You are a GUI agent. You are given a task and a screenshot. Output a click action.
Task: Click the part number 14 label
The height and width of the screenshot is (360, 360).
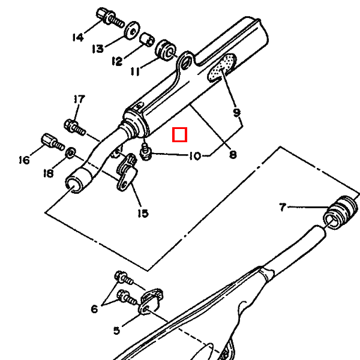coord(78,37)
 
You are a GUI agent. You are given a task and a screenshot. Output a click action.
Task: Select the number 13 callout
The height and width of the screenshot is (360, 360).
coord(98,49)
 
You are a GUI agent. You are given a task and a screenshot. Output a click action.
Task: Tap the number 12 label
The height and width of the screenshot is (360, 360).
coord(117,61)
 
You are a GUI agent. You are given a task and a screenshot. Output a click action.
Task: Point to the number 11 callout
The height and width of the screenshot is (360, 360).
coord(135,71)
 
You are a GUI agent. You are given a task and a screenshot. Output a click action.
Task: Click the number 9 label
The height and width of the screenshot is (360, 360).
coord(236,113)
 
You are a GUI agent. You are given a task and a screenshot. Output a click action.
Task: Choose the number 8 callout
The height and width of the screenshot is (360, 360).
coord(233,155)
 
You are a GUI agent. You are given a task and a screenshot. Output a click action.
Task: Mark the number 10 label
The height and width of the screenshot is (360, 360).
coord(195,156)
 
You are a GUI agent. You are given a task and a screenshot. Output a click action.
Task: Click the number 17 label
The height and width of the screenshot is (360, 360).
coord(79,99)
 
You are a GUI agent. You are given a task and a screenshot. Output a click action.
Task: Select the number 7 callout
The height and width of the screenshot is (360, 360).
coord(283,207)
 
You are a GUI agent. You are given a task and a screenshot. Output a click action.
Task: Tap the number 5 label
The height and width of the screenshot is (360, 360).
coord(116,331)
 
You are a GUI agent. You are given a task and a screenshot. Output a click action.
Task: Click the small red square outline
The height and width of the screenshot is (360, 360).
coord(180,135)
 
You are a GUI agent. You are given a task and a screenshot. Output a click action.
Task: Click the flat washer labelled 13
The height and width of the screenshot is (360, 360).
coord(132,31)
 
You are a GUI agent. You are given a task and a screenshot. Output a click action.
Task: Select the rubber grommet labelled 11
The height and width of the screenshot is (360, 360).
coord(166,50)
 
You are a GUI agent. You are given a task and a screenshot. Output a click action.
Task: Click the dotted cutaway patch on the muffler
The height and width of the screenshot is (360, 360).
coord(222,67)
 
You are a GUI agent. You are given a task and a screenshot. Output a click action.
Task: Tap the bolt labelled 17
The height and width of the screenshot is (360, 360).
coord(74,128)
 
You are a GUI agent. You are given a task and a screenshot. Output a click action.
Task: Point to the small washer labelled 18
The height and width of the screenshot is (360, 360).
coord(71,152)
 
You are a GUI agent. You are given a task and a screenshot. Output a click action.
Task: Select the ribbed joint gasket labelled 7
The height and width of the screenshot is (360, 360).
coord(340,212)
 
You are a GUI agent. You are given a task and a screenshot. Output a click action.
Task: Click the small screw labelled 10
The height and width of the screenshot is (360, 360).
coord(146,152)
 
